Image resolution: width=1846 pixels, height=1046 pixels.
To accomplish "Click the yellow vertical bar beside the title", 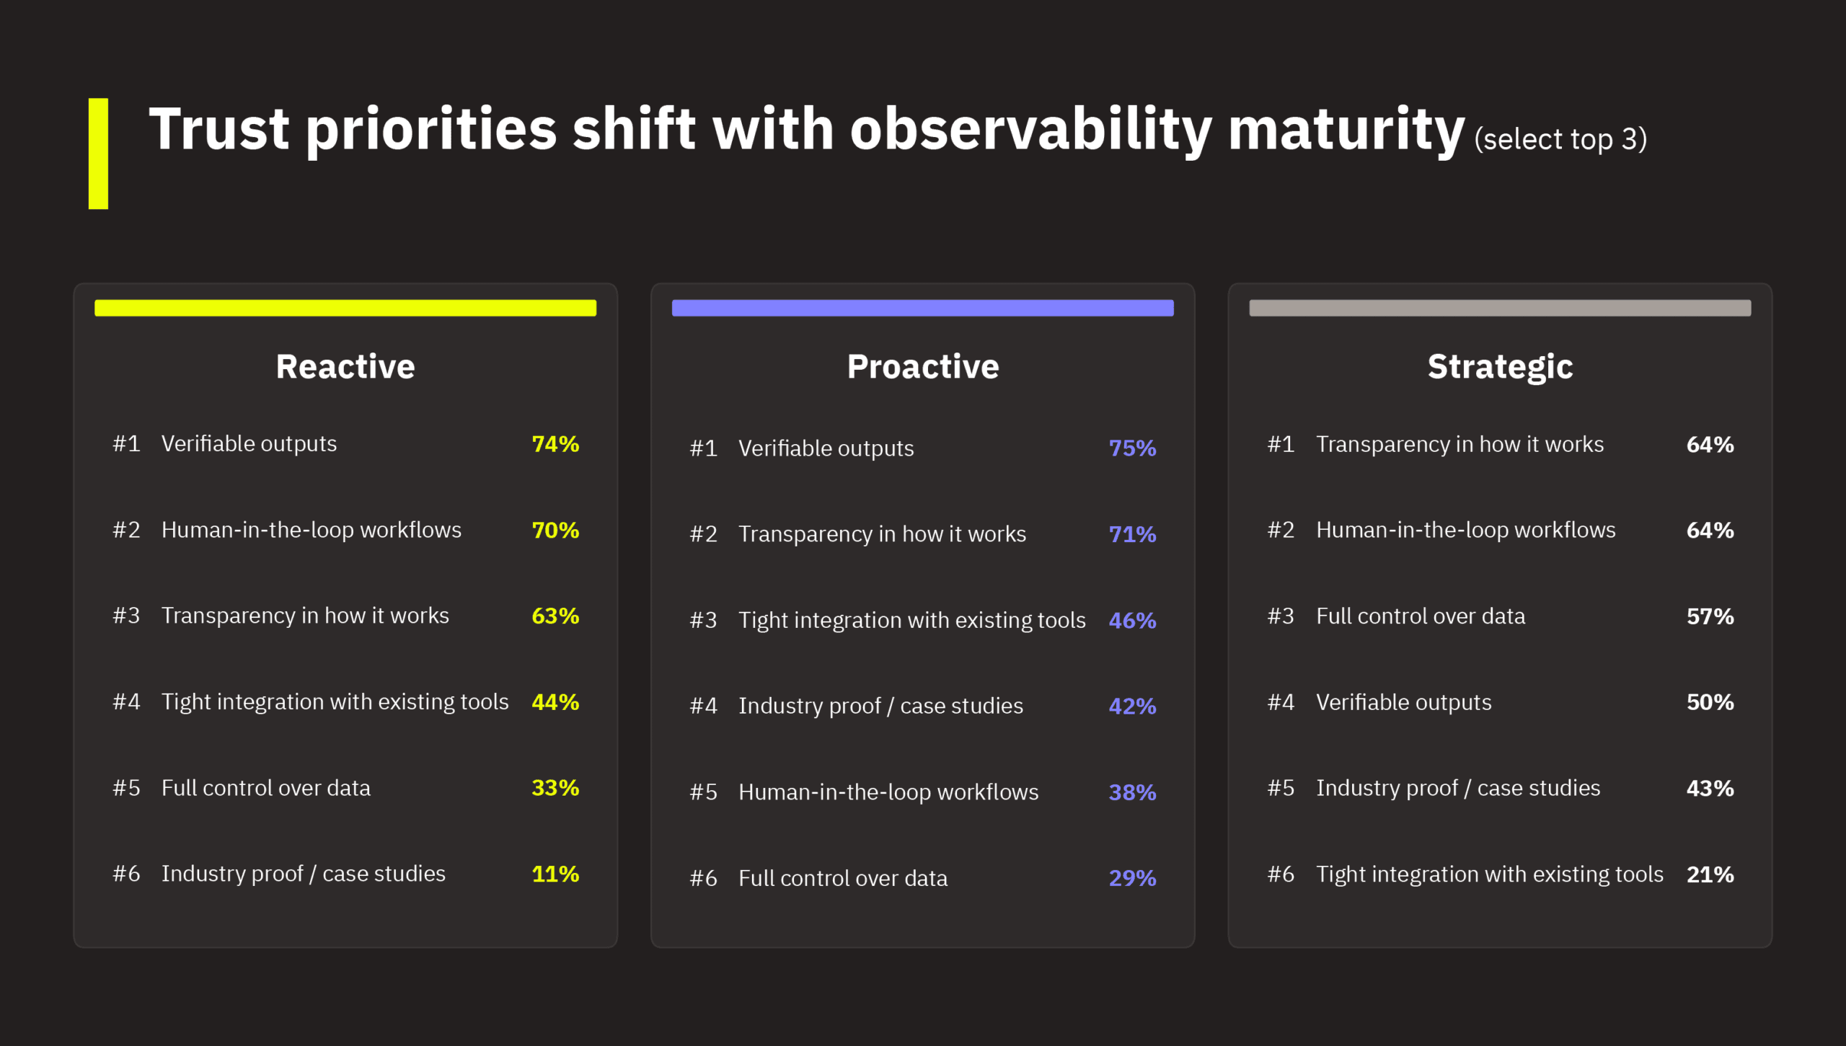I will coord(98,154).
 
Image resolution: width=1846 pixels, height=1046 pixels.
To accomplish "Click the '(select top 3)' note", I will coord(1560,139).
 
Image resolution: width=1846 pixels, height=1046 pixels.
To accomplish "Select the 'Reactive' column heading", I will coord(345,366).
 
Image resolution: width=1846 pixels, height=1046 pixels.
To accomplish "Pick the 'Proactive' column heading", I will coord(922,366).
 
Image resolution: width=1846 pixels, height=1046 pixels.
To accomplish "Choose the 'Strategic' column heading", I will coord(1500,366).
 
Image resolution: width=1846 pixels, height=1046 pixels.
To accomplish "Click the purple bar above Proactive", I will coord(922,308).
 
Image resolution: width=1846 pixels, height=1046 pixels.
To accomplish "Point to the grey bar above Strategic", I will coord(1500,308).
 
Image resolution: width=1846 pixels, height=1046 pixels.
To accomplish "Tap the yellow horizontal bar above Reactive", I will coord(345,308).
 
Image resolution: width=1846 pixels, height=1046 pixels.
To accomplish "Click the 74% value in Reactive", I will coord(555,444).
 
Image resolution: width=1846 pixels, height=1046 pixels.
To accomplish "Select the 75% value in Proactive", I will coord(1132,448).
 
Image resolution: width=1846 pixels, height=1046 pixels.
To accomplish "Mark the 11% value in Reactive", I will coord(555,874).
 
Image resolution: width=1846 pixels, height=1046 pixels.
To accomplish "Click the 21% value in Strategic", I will coord(1710,874).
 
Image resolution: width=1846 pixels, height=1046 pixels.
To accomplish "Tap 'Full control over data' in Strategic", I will coord(1421,616).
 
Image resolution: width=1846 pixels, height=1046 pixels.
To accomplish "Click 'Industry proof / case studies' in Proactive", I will coord(880,706).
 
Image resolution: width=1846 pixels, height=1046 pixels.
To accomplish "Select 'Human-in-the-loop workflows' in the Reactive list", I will coord(311,530).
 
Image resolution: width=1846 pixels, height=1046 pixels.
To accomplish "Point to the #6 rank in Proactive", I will coord(703,878).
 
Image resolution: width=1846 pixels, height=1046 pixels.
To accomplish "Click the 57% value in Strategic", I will coord(1710,616).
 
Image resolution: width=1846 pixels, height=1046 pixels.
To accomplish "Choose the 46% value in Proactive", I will coord(1132,620).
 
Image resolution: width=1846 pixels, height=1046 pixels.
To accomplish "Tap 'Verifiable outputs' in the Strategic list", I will coord(1403,702).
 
